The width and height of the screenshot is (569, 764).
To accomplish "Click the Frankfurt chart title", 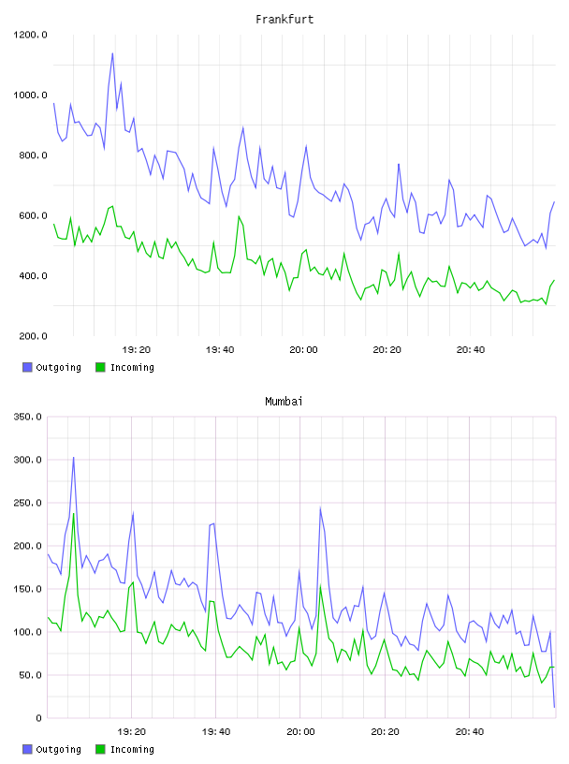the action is pos(284,19).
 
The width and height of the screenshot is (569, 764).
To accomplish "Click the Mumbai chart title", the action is pos(284,401).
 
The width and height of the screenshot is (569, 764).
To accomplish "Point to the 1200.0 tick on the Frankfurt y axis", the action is pos(30,35).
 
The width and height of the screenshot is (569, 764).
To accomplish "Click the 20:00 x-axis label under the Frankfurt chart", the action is pos(303,349).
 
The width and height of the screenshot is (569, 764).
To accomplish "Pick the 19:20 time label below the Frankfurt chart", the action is pos(137,349).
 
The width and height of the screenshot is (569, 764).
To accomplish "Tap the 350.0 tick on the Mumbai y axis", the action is pos(28,417).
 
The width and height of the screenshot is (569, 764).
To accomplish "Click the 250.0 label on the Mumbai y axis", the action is pos(28,503).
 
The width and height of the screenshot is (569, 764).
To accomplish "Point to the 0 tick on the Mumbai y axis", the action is pos(39,718).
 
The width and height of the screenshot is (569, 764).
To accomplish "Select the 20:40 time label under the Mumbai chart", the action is pos(470,731).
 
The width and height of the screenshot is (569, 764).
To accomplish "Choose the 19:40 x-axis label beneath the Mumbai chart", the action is pos(216,731).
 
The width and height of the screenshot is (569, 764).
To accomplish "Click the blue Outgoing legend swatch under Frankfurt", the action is pos(27,367).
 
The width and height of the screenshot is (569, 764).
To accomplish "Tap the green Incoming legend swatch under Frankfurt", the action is pos(100,367).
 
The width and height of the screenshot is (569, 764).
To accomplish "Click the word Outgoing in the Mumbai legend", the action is pos(58,749).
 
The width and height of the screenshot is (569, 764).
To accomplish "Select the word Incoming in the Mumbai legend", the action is pos(132,749).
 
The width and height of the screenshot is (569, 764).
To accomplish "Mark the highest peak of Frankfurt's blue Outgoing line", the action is pos(112,53).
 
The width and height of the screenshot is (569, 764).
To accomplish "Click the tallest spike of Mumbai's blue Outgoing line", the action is pos(74,457).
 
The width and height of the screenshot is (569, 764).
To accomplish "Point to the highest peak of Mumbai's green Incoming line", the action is pos(74,513).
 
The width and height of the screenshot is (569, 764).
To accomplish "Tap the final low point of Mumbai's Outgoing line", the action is pos(554,707).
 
